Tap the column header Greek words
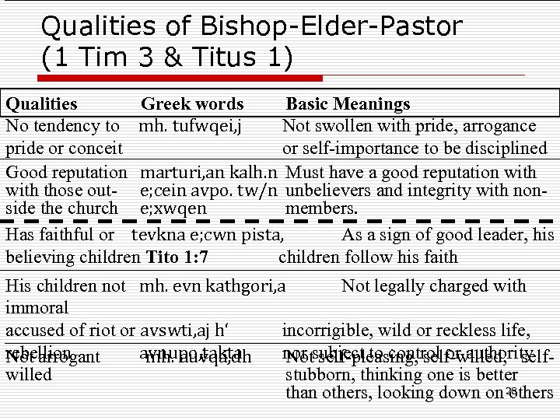(192, 104)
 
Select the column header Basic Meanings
(348, 104)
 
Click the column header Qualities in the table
(41, 104)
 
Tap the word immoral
(37, 308)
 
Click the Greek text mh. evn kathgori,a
(213, 286)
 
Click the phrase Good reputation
(66, 172)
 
